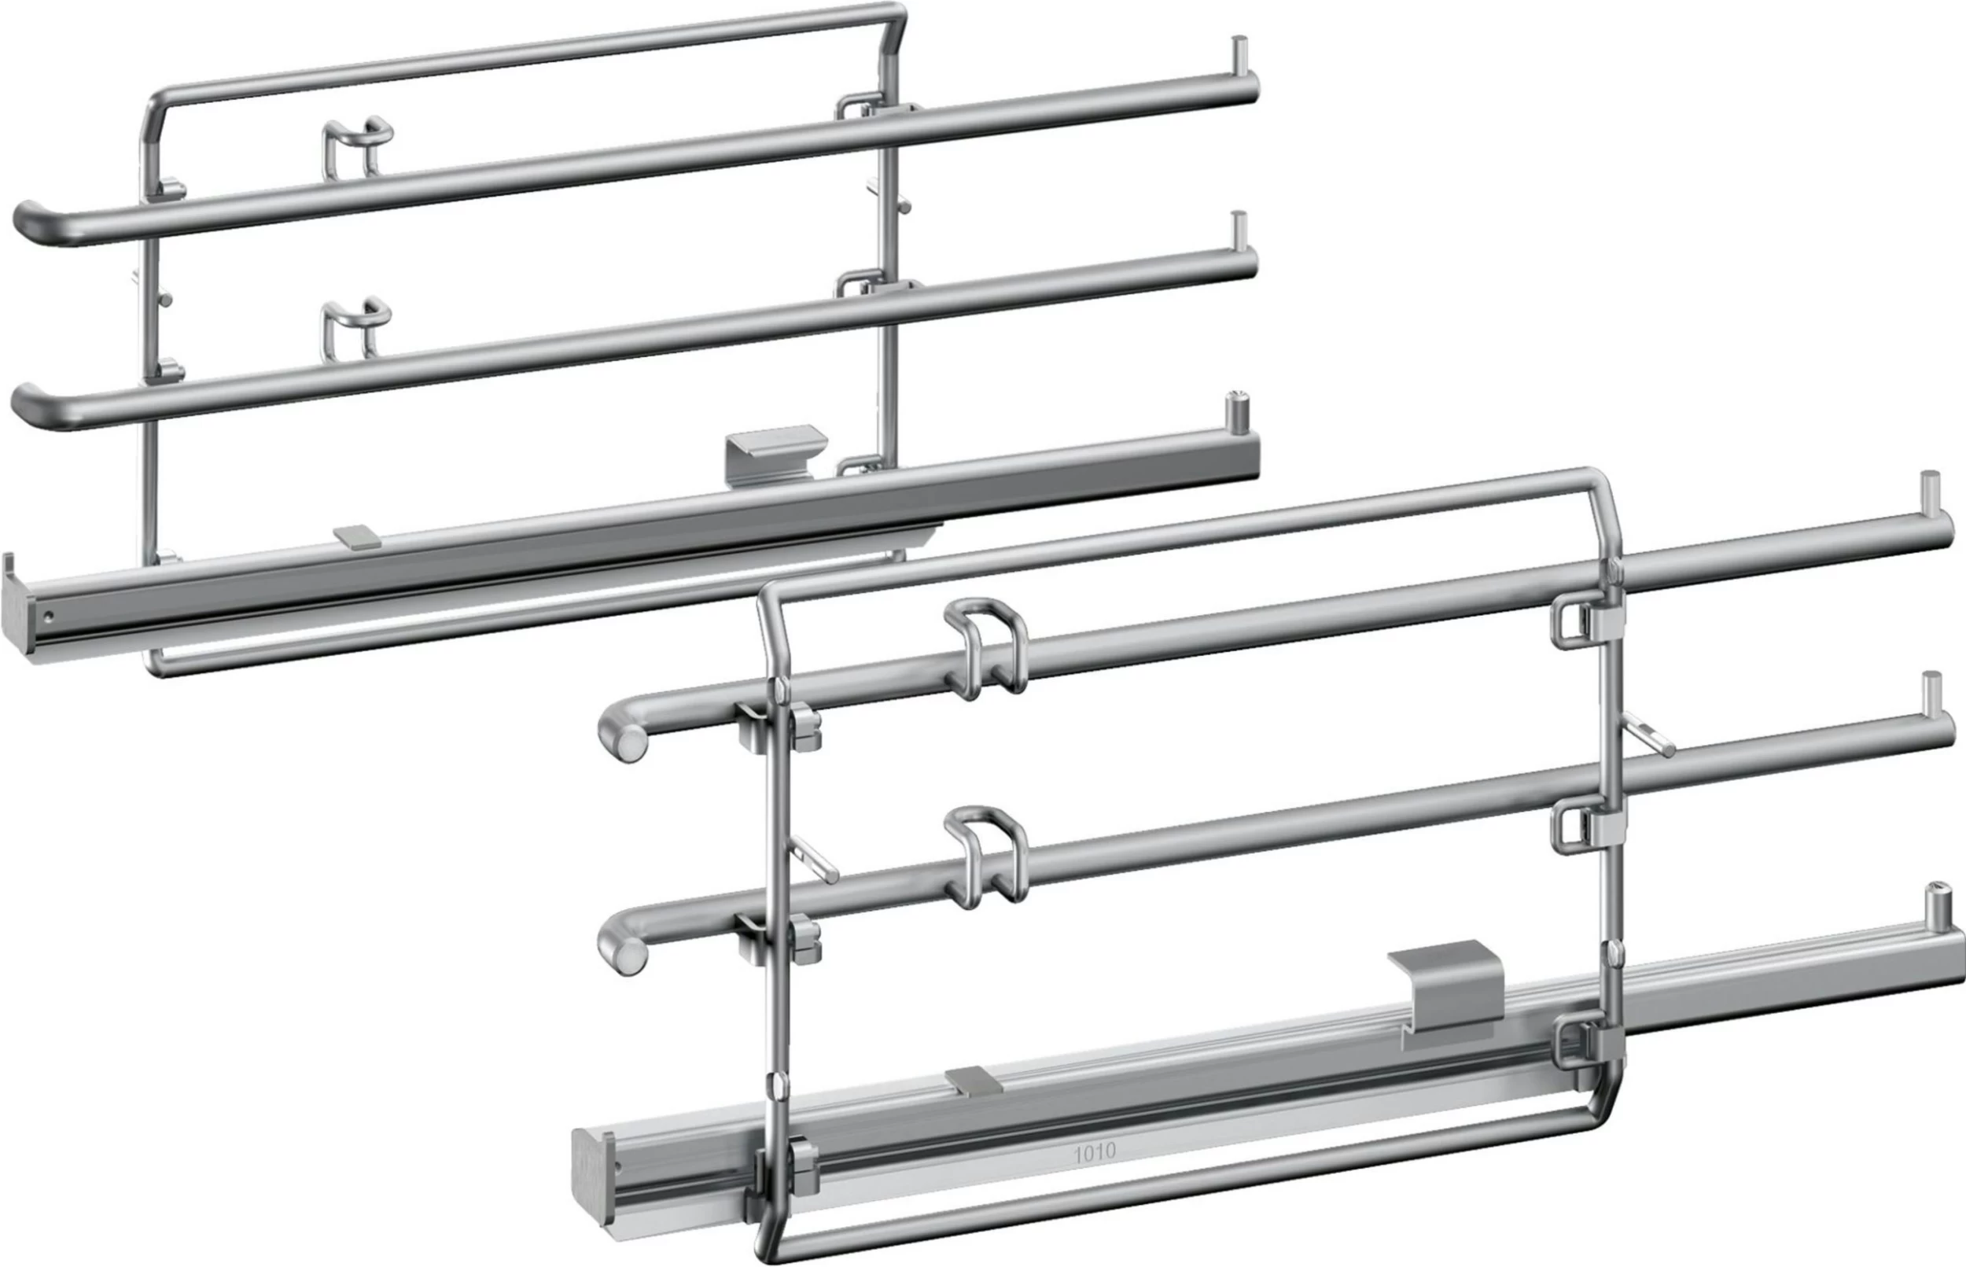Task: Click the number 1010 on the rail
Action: [1094, 1153]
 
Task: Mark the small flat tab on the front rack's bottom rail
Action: [974, 1081]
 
